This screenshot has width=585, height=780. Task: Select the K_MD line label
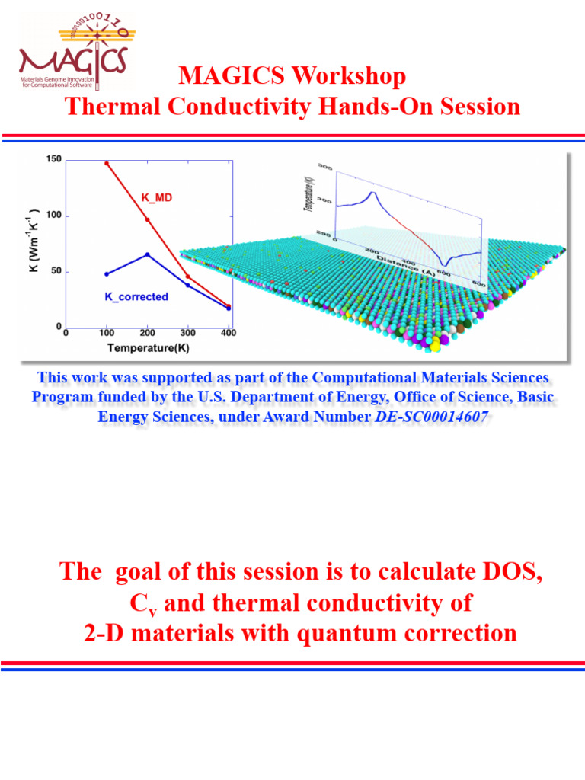tap(157, 197)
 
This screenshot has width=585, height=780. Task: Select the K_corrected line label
tap(136, 296)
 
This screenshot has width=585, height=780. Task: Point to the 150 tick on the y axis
tap(53, 159)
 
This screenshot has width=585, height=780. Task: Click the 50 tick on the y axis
tap(56, 272)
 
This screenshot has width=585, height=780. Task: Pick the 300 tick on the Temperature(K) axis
tap(188, 334)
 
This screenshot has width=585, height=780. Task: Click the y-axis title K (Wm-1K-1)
tap(35, 242)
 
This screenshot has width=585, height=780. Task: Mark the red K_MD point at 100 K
tap(107, 163)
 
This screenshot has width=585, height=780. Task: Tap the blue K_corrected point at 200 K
tap(148, 254)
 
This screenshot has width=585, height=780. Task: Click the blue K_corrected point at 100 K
tap(107, 273)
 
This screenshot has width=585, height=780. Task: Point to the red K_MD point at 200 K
tap(148, 220)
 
